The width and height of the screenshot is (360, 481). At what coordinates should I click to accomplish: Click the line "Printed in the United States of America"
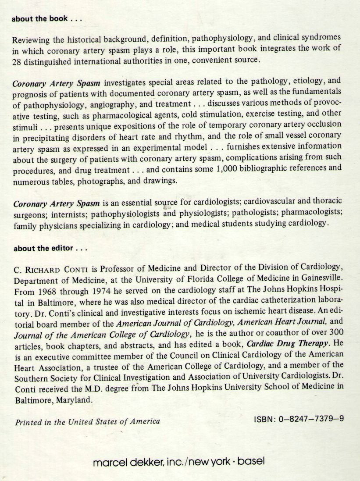point(87,422)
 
